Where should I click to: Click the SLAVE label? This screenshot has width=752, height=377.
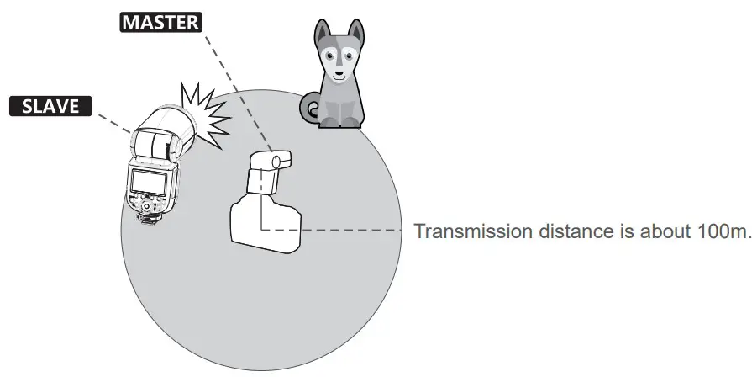click(x=49, y=106)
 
